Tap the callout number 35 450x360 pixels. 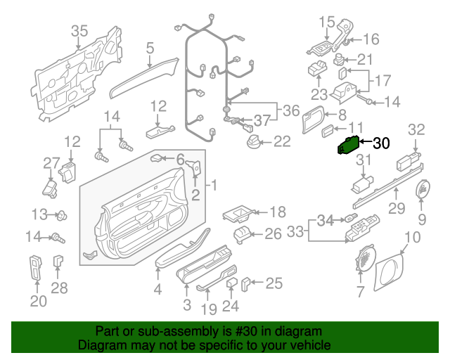click(x=79, y=30)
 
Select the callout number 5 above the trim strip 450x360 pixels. click(x=150, y=48)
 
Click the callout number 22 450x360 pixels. click(x=281, y=141)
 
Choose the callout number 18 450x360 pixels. click(x=278, y=212)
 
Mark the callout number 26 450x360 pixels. click(x=272, y=234)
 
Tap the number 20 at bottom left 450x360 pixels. click(x=38, y=302)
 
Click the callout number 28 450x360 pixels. click(x=60, y=288)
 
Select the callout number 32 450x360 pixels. click(x=417, y=129)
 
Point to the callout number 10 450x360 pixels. click(x=412, y=237)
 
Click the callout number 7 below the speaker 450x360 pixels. click(x=361, y=291)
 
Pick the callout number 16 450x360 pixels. click(x=371, y=39)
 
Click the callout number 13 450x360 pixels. click(x=39, y=213)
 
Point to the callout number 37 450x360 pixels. click(x=262, y=120)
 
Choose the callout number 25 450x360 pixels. click(x=274, y=283)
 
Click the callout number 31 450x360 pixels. click(x=363, y=161)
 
